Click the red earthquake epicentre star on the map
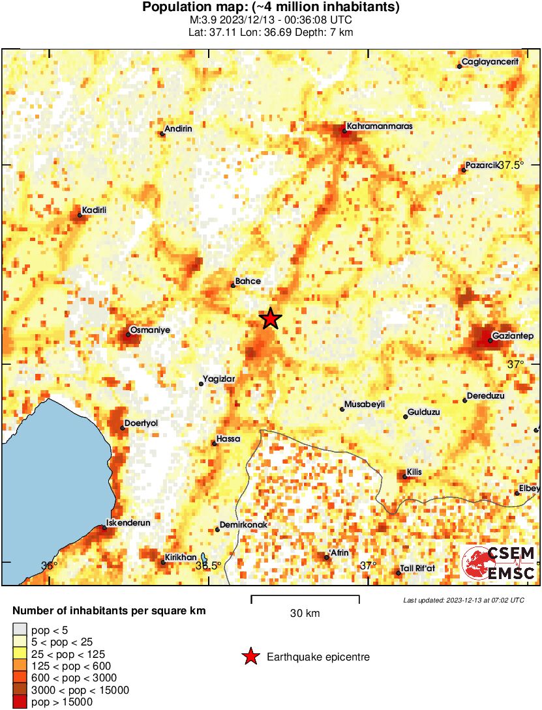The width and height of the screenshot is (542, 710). [270, 319]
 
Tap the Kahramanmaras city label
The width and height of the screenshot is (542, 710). [380, 126]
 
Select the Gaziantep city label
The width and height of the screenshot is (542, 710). [514, 335]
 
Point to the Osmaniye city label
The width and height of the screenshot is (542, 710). [150, 330]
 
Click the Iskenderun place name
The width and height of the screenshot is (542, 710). [128, 522]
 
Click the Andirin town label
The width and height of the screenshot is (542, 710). [178, 129]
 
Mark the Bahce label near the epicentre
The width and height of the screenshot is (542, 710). [248, 281]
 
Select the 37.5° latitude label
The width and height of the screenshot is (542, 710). [511, 165]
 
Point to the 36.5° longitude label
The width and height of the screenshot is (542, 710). [208, 566]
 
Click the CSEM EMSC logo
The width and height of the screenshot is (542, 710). [499, 563]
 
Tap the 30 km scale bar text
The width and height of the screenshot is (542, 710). [305, 614]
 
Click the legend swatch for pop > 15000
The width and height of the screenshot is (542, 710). [20, 702]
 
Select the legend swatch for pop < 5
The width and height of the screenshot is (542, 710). [20, 630]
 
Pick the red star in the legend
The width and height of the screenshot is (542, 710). [250, 657]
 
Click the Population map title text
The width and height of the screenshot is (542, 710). [271, 8]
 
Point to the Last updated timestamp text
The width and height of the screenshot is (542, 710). [463, 600]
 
